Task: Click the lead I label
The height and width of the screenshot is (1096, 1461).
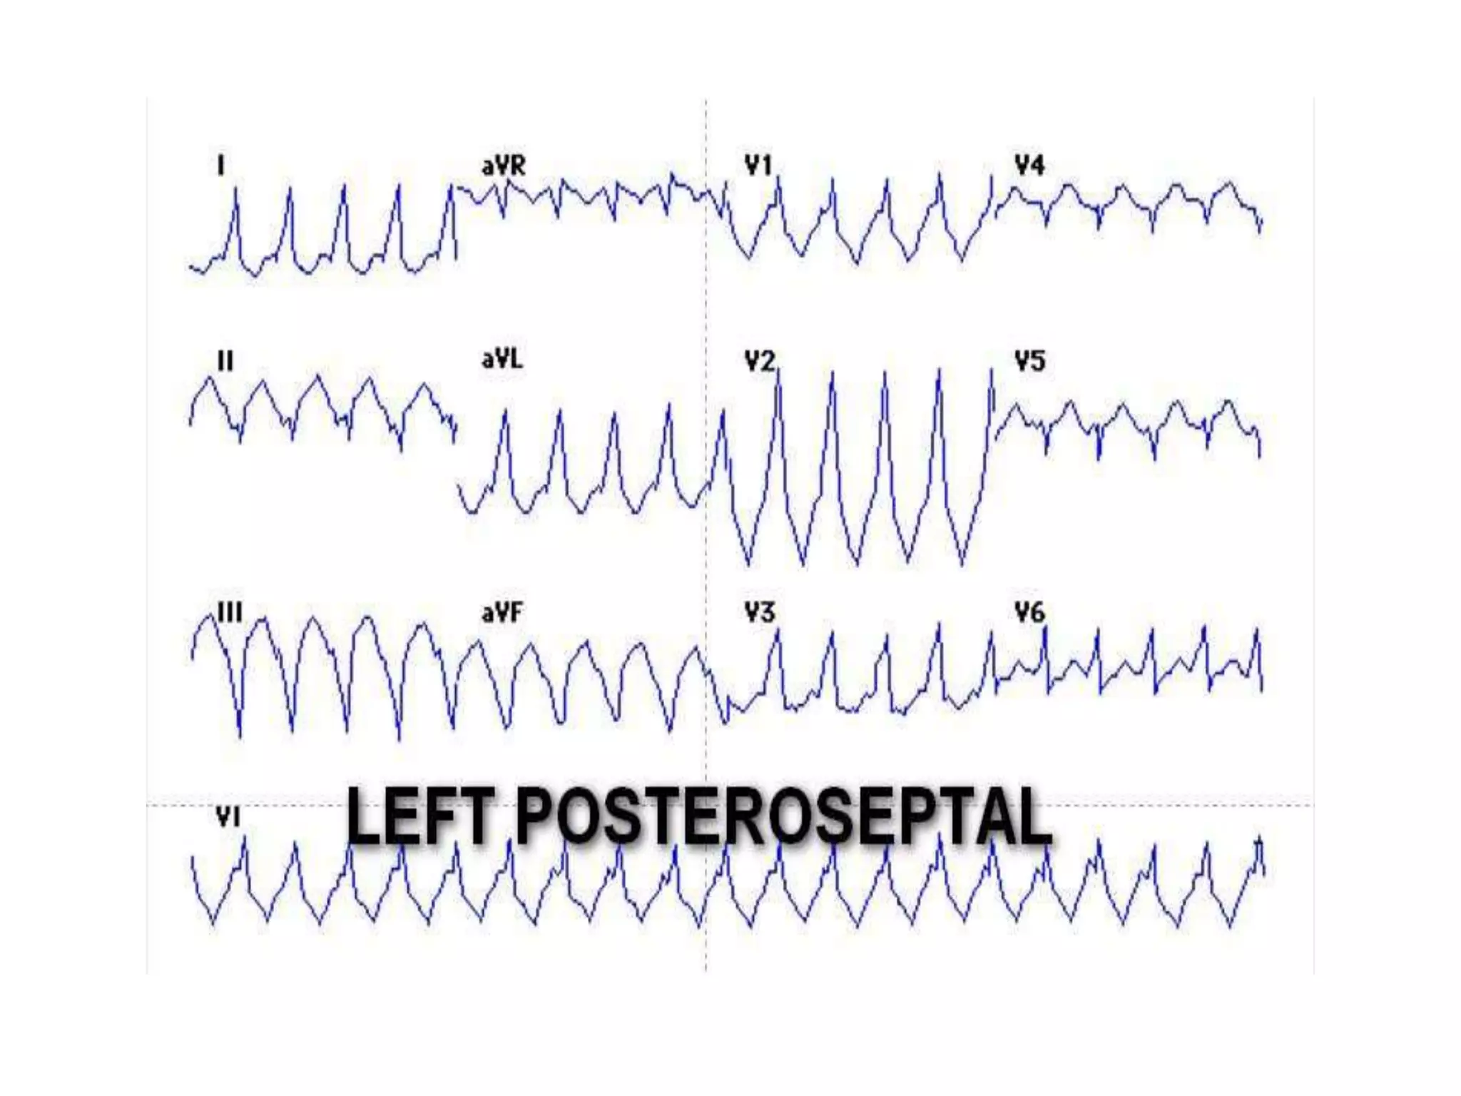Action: (x=221, y=166)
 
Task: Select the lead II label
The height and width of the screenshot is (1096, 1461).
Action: (x=225, y=361)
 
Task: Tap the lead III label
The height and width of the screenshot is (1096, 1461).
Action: (x=230, y=612)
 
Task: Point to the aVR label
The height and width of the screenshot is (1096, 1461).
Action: (x=504, y=166)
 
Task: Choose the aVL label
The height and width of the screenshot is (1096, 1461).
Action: (x=502, y=359)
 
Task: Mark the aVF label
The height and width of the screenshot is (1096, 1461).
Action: (x=502, y=612)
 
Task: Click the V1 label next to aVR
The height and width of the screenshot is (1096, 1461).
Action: (x=759, y=166)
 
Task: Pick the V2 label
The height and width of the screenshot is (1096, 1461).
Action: (x=760, y=361)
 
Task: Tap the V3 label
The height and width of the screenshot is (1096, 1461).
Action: (x=760, y=612)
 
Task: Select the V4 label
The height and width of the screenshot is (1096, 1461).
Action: (x=1029, y=166)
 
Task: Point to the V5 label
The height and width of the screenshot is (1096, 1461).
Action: (x=1029, y=361)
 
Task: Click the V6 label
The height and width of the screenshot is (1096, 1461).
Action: (x=1029, y=612)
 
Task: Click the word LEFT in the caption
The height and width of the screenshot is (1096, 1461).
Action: (x=421, y=816)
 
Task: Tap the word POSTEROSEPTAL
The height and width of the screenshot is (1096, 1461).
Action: (x=783, y=816)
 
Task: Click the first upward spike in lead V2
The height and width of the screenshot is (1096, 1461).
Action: (x=778, y=371)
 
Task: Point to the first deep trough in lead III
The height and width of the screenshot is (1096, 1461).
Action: (x=239, y=735)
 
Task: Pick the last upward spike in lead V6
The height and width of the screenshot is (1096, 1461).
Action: (x=1257, y=629)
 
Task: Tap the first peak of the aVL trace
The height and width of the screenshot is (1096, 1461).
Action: (x=506, y=410)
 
